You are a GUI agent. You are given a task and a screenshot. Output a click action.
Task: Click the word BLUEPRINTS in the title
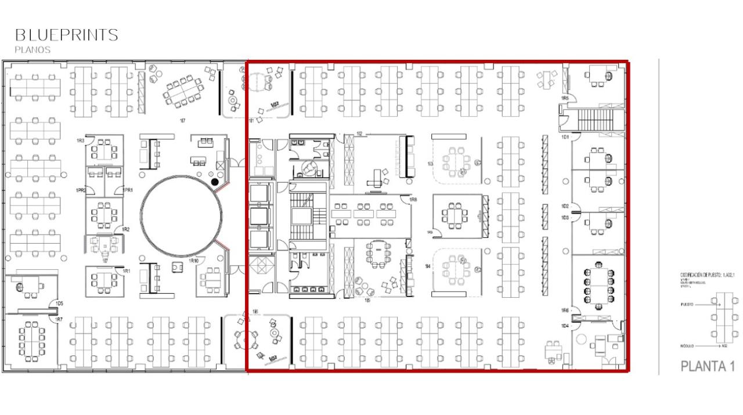pos(66,35)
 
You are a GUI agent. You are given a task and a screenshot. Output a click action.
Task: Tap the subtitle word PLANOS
pos(33,50)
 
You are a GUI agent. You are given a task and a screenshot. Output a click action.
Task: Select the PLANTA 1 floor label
pos(708,367)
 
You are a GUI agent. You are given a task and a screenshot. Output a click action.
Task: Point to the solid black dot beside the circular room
pos(215,182)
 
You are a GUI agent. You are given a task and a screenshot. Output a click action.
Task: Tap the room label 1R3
pos(80,141)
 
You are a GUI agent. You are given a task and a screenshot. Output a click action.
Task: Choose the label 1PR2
pos(81,190)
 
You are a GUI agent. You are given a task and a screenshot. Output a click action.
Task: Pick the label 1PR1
pos(128,190)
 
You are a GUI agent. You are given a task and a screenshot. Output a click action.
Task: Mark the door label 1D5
pos(59,304)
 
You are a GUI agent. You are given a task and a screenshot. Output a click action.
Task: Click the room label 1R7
pos(59,320)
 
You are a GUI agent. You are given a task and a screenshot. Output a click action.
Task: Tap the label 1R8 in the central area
pos(413,200)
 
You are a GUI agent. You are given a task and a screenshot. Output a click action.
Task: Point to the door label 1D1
pos(564,137)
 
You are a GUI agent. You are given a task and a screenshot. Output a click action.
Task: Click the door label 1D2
pos(564,207)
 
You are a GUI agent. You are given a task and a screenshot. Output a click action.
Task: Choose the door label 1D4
pos(564,326)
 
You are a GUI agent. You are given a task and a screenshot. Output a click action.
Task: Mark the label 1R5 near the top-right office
pos(564,99)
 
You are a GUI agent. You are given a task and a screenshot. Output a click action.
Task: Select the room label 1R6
pos(564,311)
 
